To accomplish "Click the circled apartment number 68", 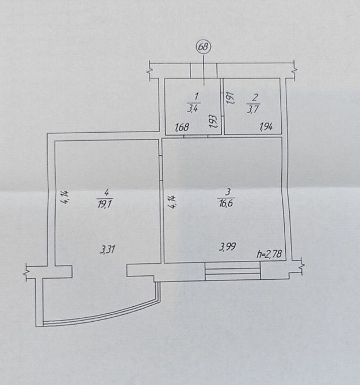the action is tap(204, 47).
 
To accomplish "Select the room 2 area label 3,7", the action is tap(253, 108).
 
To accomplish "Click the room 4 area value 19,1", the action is tap(105, 205).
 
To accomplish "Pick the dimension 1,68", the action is tap(182, 128).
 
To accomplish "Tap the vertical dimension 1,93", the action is tap(214, 122).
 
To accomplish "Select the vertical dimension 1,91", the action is tap(229, 99).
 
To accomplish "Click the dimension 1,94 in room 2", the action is tap(266, 127).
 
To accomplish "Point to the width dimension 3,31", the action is tap(108, 250).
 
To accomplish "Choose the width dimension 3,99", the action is tap(228, 247).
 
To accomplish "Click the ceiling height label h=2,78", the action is tap(269, 254).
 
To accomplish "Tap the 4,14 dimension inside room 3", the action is tap(173, 202).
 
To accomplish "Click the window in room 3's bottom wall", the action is tap(232, 271).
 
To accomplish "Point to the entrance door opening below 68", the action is tap(204, 71).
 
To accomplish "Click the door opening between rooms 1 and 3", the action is tap(196, 136).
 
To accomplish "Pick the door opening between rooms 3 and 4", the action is tap(160, 168).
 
